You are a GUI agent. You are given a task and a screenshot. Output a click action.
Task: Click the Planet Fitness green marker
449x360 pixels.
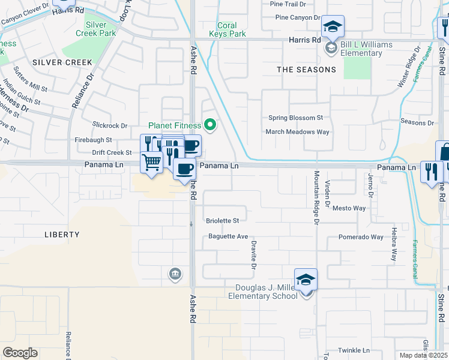[210, 125]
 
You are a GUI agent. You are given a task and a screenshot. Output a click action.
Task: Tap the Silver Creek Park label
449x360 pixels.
[100, 29]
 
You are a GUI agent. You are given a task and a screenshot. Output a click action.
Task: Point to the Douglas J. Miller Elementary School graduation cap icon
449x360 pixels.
[306, 280]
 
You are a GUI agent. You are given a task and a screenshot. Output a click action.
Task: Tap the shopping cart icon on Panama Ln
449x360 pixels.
[152, 161]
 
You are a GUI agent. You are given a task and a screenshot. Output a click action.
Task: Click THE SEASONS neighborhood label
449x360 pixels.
[306, 70]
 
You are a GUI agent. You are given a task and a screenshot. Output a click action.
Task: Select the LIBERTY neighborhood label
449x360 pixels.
[62, 235]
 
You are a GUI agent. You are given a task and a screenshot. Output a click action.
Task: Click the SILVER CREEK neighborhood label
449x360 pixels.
[62, 62]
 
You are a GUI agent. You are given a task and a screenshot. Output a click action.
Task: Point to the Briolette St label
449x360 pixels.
[223, 221]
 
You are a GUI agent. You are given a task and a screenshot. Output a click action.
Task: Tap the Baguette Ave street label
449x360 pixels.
[228, 236]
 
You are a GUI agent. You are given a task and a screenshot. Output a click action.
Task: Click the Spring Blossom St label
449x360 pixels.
[295, 118]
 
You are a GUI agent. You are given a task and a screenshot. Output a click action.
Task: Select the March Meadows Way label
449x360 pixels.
[298, 132]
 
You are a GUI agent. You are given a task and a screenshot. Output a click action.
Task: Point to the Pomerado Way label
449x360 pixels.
[360, 237]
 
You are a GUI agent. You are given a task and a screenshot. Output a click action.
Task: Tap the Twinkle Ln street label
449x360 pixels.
[353, 350]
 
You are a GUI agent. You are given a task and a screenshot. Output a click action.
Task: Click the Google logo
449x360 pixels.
[20, 353]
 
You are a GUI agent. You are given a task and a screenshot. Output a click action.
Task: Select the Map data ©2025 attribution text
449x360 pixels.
[423, 355]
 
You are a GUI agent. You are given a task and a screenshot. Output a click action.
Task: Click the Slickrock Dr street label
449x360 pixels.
[110, 125]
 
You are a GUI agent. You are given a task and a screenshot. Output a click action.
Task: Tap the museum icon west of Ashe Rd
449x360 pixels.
[175, 274]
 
